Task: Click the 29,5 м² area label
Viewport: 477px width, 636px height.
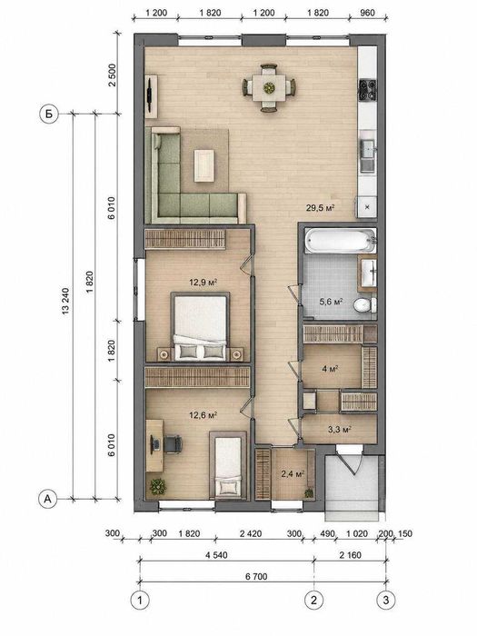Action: [x=320, y=208]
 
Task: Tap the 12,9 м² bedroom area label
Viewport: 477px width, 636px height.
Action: [x=204, y=282]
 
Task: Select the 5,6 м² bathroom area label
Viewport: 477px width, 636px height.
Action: [x=332, y=302]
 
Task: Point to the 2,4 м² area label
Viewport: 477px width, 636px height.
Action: [x=293, y=473]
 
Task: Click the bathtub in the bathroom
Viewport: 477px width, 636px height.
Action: [x=341, y=241]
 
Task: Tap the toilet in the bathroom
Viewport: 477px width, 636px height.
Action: [x=364, y=305]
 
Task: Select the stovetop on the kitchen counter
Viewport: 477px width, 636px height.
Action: [x=367, y=90]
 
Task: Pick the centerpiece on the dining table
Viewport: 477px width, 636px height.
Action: [x=269, y=87]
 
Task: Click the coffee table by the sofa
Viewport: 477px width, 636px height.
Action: [x=204, y=165]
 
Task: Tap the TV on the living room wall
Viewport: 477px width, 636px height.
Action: [x=151, y=94]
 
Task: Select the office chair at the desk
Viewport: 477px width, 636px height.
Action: [x=173, y=443]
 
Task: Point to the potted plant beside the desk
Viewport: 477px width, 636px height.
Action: [x=158, y=486]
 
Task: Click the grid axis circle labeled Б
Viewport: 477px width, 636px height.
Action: [x=49, y=114]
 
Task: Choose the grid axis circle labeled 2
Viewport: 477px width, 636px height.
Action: [x=313, y=600]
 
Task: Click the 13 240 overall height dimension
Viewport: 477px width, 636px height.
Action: [x=65, y=302]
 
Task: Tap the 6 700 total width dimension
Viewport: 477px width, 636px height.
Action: [x=256, y=576]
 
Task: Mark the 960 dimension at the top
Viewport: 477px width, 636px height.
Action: [x=367, y=13]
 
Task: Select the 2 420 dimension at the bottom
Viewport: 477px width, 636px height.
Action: [x=251, y=533]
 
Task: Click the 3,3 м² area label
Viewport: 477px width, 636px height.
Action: [x=340, y=429]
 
